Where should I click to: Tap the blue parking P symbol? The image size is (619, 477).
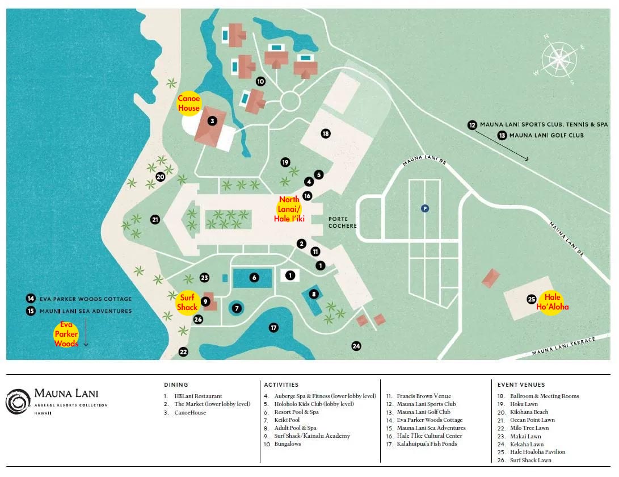coord(424,208)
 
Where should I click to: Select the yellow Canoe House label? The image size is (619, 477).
coord(189,103)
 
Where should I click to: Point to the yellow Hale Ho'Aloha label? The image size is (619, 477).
coord(552,302)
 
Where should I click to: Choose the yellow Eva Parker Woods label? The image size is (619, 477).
coord(66,334)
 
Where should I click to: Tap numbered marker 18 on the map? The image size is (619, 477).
coord(325,133)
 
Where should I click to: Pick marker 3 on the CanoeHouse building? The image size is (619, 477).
coord(212,120)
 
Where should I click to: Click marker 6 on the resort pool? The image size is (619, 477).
coord(254,277)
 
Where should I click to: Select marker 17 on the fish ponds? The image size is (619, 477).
coord(274,328)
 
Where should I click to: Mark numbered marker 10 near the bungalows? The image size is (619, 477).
coord(260,81)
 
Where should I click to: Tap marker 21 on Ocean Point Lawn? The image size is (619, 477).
coord(155,219)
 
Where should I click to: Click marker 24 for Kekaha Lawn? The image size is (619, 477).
coord(356,345)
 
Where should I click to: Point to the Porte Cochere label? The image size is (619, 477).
coord(343,222)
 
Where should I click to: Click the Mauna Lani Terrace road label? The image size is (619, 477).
coord(563,346)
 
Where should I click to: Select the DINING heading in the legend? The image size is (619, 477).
coord(176,384)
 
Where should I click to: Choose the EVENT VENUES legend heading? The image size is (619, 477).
coord(520,384)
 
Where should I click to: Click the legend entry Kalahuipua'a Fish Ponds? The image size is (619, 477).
coord(419,444)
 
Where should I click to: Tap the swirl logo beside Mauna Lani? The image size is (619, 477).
coord(18,401)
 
